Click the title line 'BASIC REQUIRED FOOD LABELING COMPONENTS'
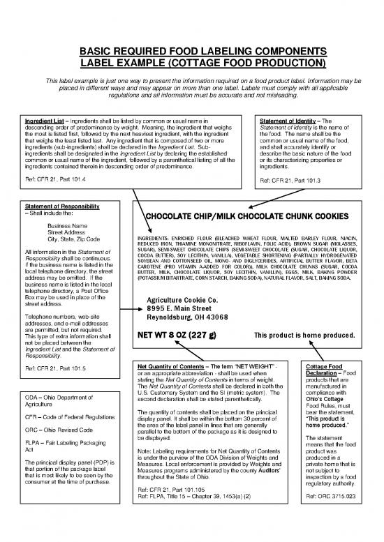(x=192, y=51)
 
